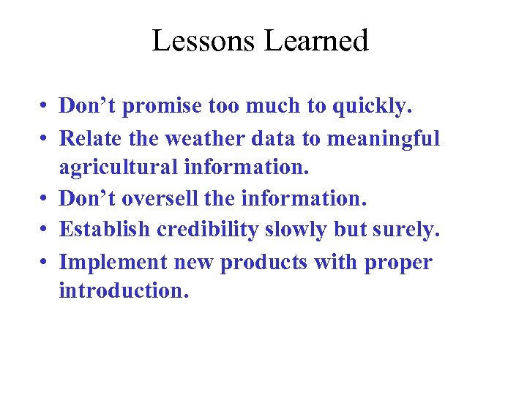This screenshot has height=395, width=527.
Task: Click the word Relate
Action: tap(91, 138)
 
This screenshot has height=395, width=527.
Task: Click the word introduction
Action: tap(124, 291)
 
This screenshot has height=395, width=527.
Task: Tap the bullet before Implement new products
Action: tap(45, 262)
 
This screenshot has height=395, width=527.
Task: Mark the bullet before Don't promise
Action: tap(45, 108)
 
